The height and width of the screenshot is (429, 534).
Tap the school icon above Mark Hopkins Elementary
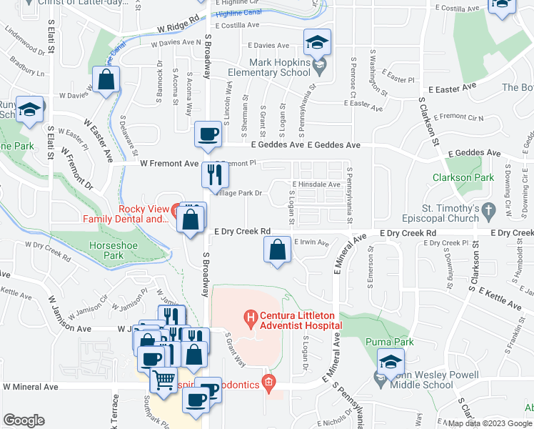316,42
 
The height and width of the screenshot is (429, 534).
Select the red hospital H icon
250,315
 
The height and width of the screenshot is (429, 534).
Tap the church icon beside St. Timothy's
488,210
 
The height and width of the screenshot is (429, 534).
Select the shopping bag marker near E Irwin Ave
277,250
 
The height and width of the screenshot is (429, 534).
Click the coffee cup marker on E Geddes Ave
208,134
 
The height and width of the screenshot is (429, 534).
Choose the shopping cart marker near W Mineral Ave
164,379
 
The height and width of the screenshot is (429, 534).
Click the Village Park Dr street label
241,193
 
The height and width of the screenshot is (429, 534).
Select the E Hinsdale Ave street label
316,184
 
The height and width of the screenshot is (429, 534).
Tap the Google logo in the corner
24,420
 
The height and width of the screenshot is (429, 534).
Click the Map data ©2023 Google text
489,423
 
